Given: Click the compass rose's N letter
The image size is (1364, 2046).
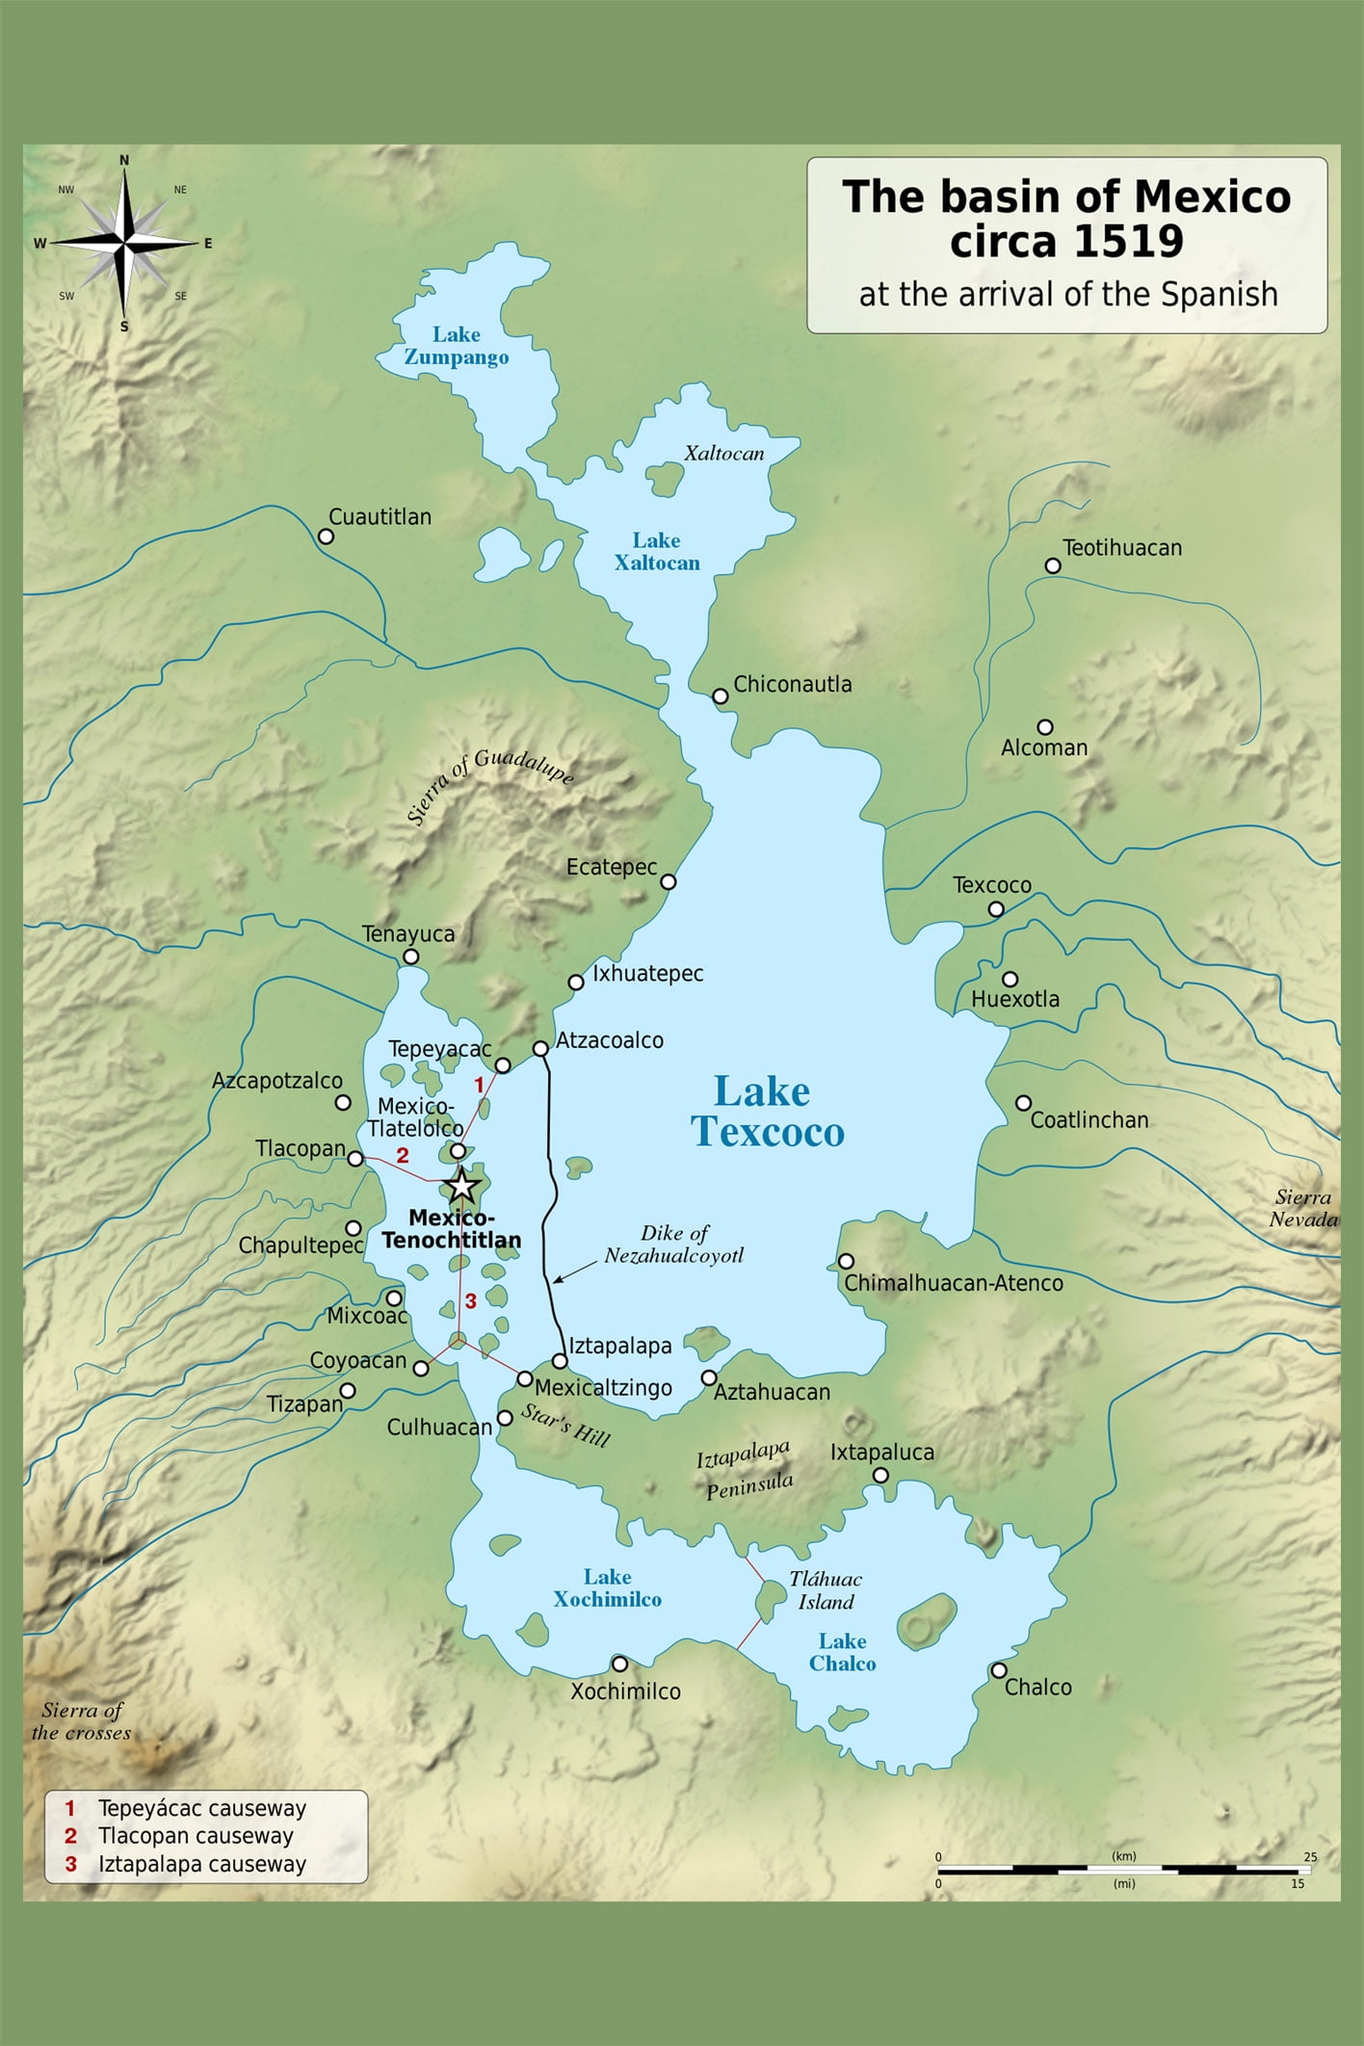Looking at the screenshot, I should (x=124, y=161).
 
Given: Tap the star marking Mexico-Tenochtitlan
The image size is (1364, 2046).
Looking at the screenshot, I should (x=462, y=1186).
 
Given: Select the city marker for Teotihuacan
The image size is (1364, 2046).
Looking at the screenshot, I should (x=1053, y=565).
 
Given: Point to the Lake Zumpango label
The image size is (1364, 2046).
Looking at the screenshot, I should (x=456, y=346).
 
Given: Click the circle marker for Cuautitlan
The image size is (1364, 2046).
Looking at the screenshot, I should (x=326, y=537).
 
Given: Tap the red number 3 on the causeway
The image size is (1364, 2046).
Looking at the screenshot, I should (x=470, y=1301).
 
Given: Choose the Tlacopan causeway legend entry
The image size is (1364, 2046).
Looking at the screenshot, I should (x=195, y=1836).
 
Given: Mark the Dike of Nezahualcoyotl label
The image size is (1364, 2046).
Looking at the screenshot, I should (x=674, y=1244).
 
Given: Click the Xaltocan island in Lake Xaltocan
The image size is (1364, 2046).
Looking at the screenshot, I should (x=664, y=479).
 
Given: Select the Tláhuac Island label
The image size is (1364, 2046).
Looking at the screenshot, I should (x=826, y=1590).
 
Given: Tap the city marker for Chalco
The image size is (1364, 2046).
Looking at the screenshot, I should (x=999, y=1670).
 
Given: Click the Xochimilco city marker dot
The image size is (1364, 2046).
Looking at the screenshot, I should (x=620, y=1664).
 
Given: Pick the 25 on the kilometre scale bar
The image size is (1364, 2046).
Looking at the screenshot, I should (x=1310, y=1856).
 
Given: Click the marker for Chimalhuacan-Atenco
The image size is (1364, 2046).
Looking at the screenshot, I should (x=846, y=1261).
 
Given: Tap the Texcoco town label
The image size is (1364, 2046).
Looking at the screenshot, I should (x=991, y=884).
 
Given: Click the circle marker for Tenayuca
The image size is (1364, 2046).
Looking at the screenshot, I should (x=410, y=957).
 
